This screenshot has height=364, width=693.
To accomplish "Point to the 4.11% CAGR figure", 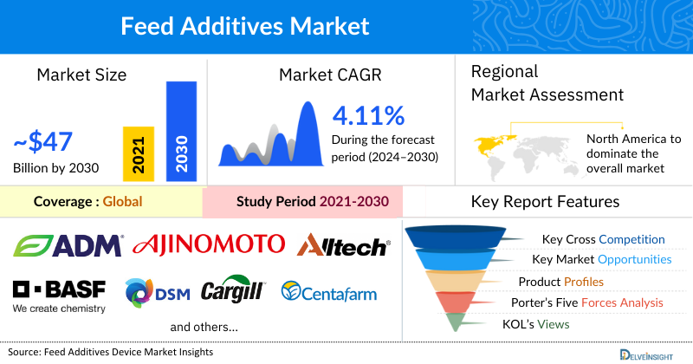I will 368,115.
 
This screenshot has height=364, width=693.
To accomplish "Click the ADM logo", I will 68,245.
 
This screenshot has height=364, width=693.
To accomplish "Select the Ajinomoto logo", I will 208,244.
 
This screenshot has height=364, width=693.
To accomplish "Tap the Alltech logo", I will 342,246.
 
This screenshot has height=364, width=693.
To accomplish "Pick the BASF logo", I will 59,289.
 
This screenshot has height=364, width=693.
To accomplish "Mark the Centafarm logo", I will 329,293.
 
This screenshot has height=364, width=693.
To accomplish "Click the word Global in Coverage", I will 122,202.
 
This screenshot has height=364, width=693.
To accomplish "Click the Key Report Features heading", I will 545,202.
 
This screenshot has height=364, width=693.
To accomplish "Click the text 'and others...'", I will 204,328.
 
